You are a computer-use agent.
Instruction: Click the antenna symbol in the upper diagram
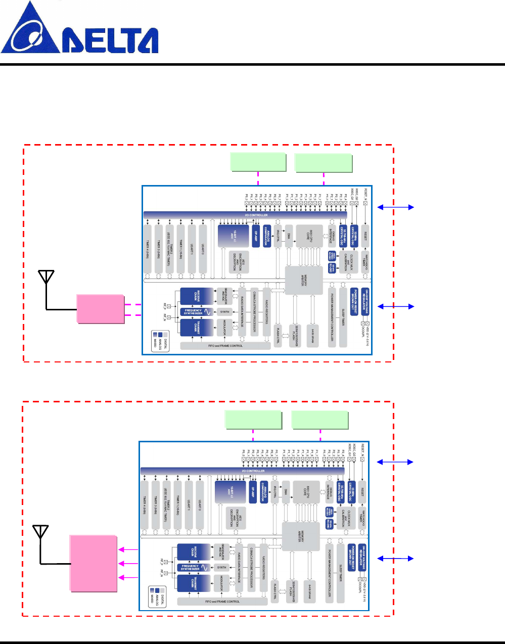(x=46, y=278)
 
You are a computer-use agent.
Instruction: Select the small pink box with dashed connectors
(x=101, y=308)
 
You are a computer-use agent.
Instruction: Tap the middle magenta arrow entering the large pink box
(x=128, y=563)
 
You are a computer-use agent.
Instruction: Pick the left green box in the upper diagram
(x=258, y=162)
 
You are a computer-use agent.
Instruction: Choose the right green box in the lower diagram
(x=320, y=420)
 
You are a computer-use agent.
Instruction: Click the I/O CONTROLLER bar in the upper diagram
(x=256, y=215)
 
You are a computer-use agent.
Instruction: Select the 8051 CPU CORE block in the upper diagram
(x=309, y=237)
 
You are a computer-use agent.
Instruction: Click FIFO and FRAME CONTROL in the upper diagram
(x=225, y=346)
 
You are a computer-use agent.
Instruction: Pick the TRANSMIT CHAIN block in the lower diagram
(x=192, y=583)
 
